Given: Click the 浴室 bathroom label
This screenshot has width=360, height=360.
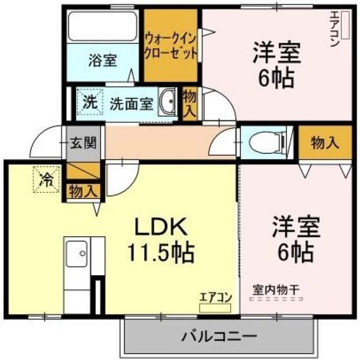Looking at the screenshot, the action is tap(102, 60).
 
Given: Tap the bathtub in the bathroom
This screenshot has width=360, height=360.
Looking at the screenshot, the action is tap(102, 26).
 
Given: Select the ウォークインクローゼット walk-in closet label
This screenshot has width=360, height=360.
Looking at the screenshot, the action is tap(170, 47).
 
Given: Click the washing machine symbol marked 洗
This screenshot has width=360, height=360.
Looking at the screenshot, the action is tap(90, 101).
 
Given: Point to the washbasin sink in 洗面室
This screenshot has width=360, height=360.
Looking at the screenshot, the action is tap(168, 101).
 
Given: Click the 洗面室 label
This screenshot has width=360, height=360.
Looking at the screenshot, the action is tap(131, 104).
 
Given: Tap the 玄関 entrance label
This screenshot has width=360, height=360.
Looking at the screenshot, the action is tap(83, 143).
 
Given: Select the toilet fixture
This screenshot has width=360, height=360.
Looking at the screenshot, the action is tap(268, 143).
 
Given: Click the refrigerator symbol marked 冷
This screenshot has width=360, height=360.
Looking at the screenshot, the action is tap(47, 179).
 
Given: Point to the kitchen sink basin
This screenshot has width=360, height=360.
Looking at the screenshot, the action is tap(76, 254).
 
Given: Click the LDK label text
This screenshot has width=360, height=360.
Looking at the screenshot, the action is tap(161, 227).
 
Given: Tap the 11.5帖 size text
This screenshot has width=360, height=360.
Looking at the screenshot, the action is tap(161, 253).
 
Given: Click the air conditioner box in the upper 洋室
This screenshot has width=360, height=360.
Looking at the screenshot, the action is tap(345, 25).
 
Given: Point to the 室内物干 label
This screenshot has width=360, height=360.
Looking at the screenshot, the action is tap(276, 290).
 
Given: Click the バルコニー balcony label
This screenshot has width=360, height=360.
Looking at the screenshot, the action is tap(219, 337).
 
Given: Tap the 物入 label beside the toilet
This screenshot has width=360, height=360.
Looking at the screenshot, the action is tap(325, 142).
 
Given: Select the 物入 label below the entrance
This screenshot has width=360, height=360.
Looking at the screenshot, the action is tap(83, 191).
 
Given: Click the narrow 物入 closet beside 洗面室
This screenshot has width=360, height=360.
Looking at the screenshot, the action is tap(190, 105).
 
